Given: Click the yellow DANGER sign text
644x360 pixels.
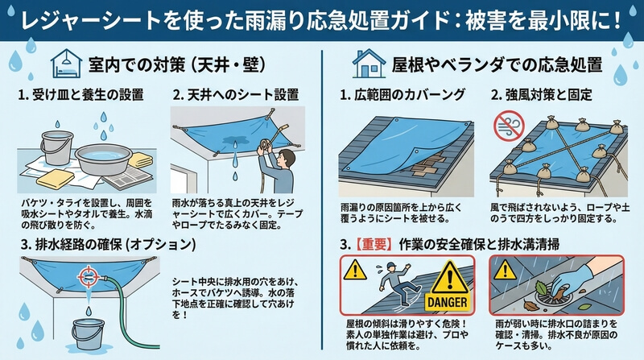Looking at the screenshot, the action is click(448, 303).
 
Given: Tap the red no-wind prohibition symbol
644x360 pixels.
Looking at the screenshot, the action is click(509, 124).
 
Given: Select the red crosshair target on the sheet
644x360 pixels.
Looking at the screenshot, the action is click(88, 276).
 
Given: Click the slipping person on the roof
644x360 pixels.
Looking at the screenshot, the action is click(394, 284).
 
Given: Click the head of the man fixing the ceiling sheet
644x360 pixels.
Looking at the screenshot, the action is click(287, 158).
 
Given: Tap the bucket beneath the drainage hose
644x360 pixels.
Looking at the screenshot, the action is click(88, 334).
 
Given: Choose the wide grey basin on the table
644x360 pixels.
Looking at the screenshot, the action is click(104, 159).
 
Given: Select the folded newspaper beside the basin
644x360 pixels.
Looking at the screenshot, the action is click(126, 178).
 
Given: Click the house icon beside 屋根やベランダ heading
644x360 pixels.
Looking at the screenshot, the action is click(369, 64).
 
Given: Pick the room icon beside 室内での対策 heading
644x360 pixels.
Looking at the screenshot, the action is click(67, 64).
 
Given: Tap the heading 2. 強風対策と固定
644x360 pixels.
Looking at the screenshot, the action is click(541, 95).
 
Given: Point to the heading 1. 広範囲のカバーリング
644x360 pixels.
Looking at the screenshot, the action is click(402, 95).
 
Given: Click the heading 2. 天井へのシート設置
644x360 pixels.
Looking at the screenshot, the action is click(235, 95).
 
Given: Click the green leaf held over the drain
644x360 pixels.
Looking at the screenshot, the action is click(542, 287).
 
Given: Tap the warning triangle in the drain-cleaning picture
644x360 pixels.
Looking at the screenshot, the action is click(505, 271).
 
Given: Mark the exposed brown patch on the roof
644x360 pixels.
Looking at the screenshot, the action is click(429, 163).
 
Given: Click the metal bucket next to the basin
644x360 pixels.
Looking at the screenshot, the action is click(56, 147).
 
